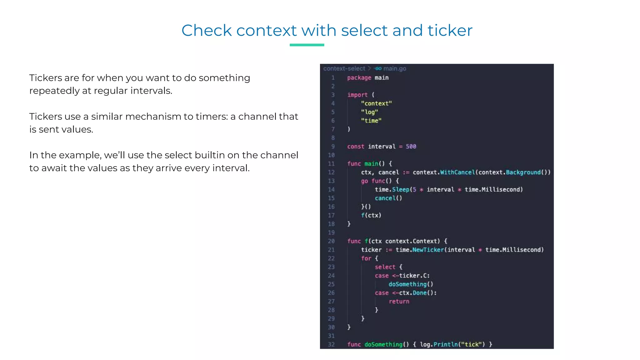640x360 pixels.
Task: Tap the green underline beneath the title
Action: pyautogui.click(x=307, y=45)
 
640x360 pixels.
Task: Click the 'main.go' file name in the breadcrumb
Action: pyautogui.click(x=395, y=68)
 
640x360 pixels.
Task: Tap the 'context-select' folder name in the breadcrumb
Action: pyautogui.click(x=344, y=68)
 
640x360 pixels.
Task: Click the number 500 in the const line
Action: pyautogui.click(x=411, y=147)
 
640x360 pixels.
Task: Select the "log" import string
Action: pyautogui.click(x=369, y=112)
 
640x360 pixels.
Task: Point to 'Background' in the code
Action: pyautogui.click(x=523, y=172)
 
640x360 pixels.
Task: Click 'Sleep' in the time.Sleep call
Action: pyautogui.click(x=401, y=190)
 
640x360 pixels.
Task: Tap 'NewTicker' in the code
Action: pyautogui.click(x=428, y=250)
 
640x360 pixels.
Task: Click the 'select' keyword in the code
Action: pyautogui.click(x=385, y=267)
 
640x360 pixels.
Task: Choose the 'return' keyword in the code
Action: pyautogui.click(x=399, y=302)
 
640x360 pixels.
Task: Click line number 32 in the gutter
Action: pyautogui.click(x=331, y=344)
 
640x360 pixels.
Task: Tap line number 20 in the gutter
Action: pyautogui.click(x=331, y=241)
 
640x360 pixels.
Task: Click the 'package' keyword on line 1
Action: pyautogui.click(x=359, y=78)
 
